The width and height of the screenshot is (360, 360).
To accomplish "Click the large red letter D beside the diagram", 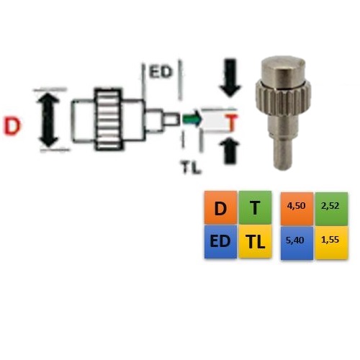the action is click(x=12, y=127).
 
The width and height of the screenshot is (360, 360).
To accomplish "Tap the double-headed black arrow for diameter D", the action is click(x=48, y=120).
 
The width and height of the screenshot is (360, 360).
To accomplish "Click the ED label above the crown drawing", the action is click(x=161, y=71).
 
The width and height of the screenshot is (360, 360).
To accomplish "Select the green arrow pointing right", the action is click(x=192, y=119).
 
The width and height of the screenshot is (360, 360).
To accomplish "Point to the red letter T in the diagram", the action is click(x=232, y=122).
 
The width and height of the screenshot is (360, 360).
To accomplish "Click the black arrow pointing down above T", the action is click(x=230, y=77).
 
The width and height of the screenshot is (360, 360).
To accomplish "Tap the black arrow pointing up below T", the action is click(x=230, y=150).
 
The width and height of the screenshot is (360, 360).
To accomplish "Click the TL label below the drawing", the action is click(x=191, y=167).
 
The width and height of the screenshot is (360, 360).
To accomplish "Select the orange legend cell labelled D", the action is click(x=220, y=207).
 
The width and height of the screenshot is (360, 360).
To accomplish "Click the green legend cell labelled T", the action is click(x=256, y=207).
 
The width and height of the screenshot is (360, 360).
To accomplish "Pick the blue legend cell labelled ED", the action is click(x=220, y=241).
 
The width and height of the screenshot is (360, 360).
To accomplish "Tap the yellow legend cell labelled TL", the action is click(x=256, y=241).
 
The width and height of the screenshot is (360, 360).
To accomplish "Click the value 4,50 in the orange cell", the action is click(x=297, y=206).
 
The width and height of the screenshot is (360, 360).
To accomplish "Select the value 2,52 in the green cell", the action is click(x=330, y=206).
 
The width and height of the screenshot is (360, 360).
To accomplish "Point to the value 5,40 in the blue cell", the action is click(x=295, y=240).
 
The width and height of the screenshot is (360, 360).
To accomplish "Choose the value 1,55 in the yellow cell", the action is click(x=330, y=240).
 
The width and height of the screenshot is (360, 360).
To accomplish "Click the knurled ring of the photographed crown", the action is click(x=283, y=99).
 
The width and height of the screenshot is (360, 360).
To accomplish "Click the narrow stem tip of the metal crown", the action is click(x=283, y=153).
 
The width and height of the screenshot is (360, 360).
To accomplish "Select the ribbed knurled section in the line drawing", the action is click(x=108, y=120).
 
